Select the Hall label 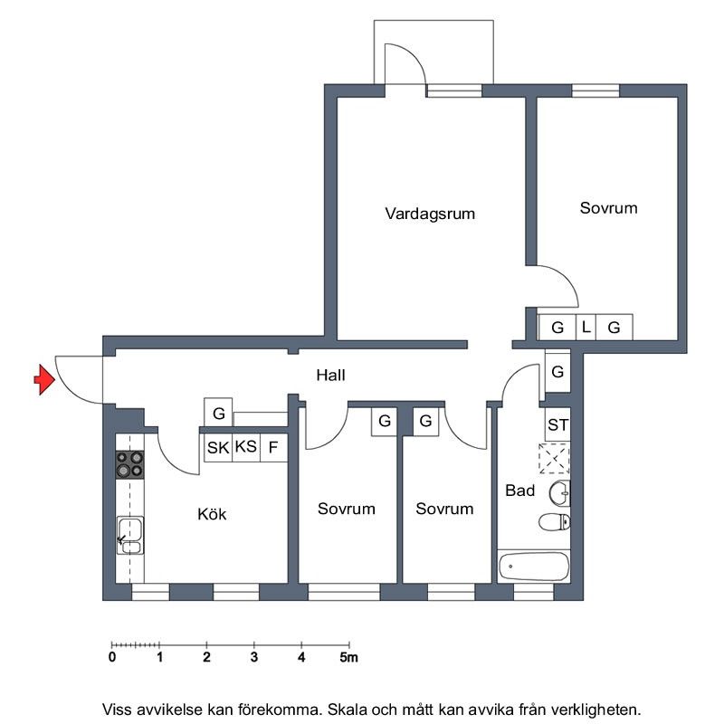point(330,375)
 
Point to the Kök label point(212,514)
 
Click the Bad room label point(519,491)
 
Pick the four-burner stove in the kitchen point(129,463)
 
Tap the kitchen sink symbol point(129,534)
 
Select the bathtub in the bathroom point(533,567)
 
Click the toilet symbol point(553,521)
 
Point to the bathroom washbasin point(559,493)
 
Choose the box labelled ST point(557,424)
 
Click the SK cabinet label point(217,447)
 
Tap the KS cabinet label point(245,447)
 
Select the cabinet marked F point(272,447)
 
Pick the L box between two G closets point(586,327)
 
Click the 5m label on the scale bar point(349,658)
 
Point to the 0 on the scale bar point(112,658)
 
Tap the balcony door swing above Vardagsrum point(403,63)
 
